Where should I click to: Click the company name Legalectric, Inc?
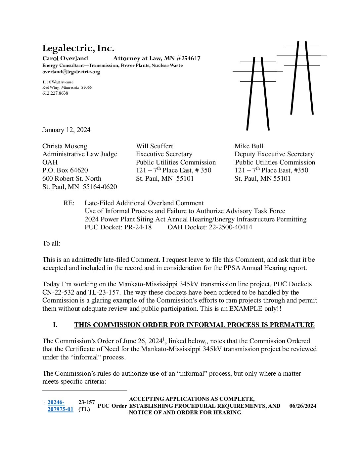click(x=78, y=48)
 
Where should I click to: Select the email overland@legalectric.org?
click(x=71, y=71)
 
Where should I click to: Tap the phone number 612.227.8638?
click(x=55, y=93)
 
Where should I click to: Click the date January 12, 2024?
click(x=66, y=130)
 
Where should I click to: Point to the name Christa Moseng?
click(x=65, y=146)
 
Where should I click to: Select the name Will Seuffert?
click(x=154, y=146)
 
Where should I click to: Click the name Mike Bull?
click(x=249, y=146)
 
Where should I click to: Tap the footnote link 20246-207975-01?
click(x=60, y=405)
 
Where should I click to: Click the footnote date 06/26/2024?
click(x=302, y=406)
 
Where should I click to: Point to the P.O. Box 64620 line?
click(x=65, y=170)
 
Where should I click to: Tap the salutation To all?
click(x=51, y=243)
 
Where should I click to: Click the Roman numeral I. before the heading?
click(x=55, y=325)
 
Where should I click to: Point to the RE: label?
click(x=69, y=203)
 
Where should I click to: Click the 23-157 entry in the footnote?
click(x=86, y=402)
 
